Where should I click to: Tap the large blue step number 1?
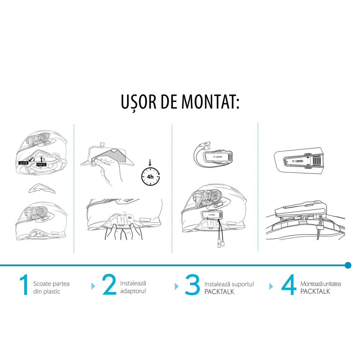point(24,285)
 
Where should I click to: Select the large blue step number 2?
point(109,284)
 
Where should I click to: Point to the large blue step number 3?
point(192,285)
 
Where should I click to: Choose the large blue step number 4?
point(289,285)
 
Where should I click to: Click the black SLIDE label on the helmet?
point(23,163)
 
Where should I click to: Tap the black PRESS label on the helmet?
point(41,165)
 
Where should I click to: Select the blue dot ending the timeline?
point(348,265)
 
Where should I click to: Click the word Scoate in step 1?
point(42,284)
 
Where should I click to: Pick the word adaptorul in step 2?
point(133,291)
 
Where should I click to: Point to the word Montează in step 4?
point(310,284)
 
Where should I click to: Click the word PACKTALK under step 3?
point(219,292)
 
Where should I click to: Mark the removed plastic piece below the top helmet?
point(42,189)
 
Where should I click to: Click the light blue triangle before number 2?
point(93,286)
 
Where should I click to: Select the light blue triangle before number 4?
point(271,286)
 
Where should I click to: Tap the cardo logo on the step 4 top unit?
point(298,161)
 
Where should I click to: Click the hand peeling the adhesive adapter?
point(107,168)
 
